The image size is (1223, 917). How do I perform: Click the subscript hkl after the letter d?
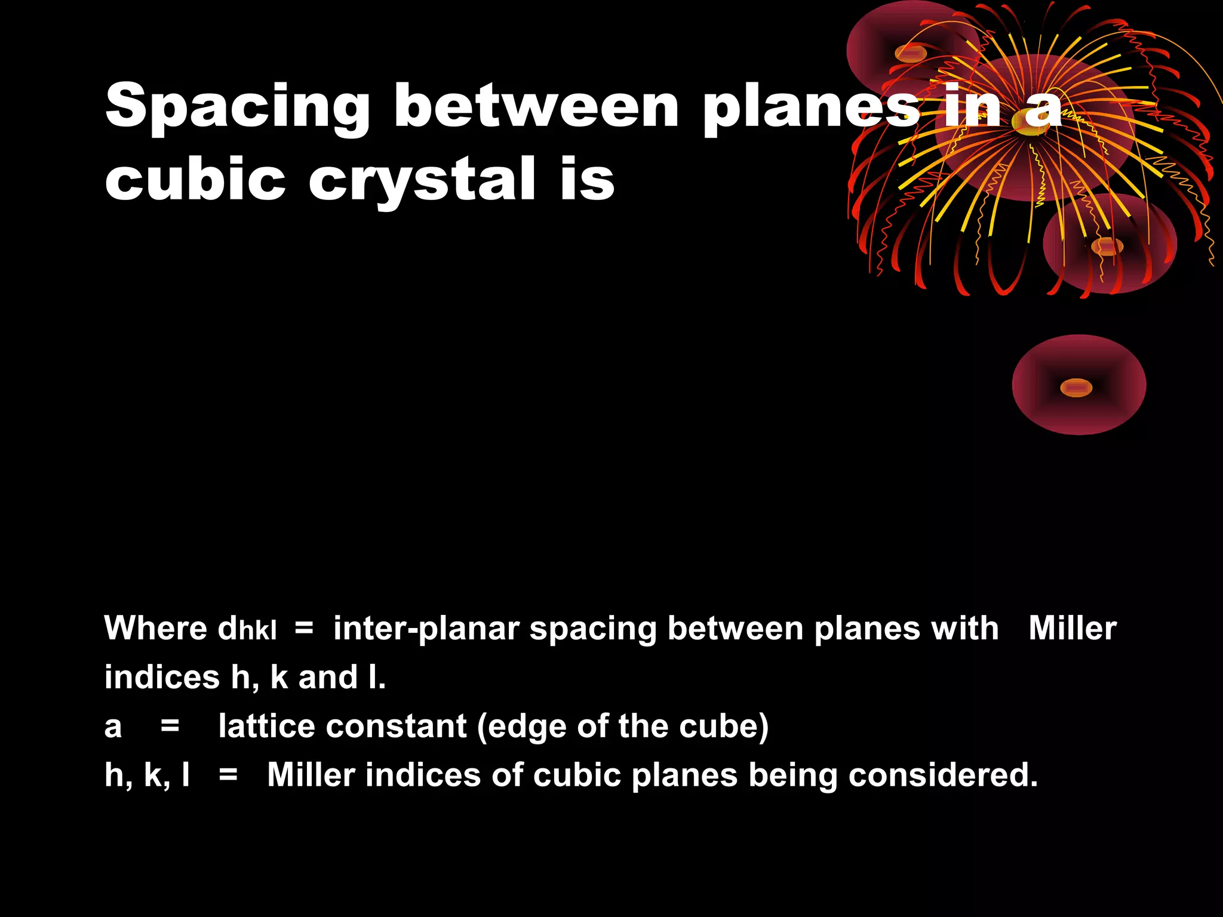(x=257, y=632)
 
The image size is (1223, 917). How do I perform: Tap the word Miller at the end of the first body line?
(x=1073, y=628)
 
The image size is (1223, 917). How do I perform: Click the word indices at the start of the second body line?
(x=162, y=677)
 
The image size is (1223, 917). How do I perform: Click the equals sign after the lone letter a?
(x=170, y=726)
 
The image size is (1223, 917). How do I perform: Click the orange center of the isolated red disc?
(x=1076, y=388)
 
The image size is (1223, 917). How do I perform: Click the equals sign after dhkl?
(x=304, y=628)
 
